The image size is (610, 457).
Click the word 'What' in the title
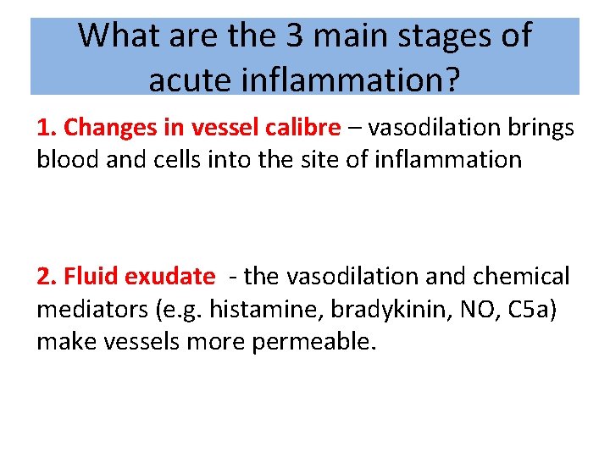tap(115, 36)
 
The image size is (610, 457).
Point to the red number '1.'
tap(47, 128)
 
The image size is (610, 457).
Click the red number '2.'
tap(47, 276)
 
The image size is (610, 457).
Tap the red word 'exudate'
tap(170, 276)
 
